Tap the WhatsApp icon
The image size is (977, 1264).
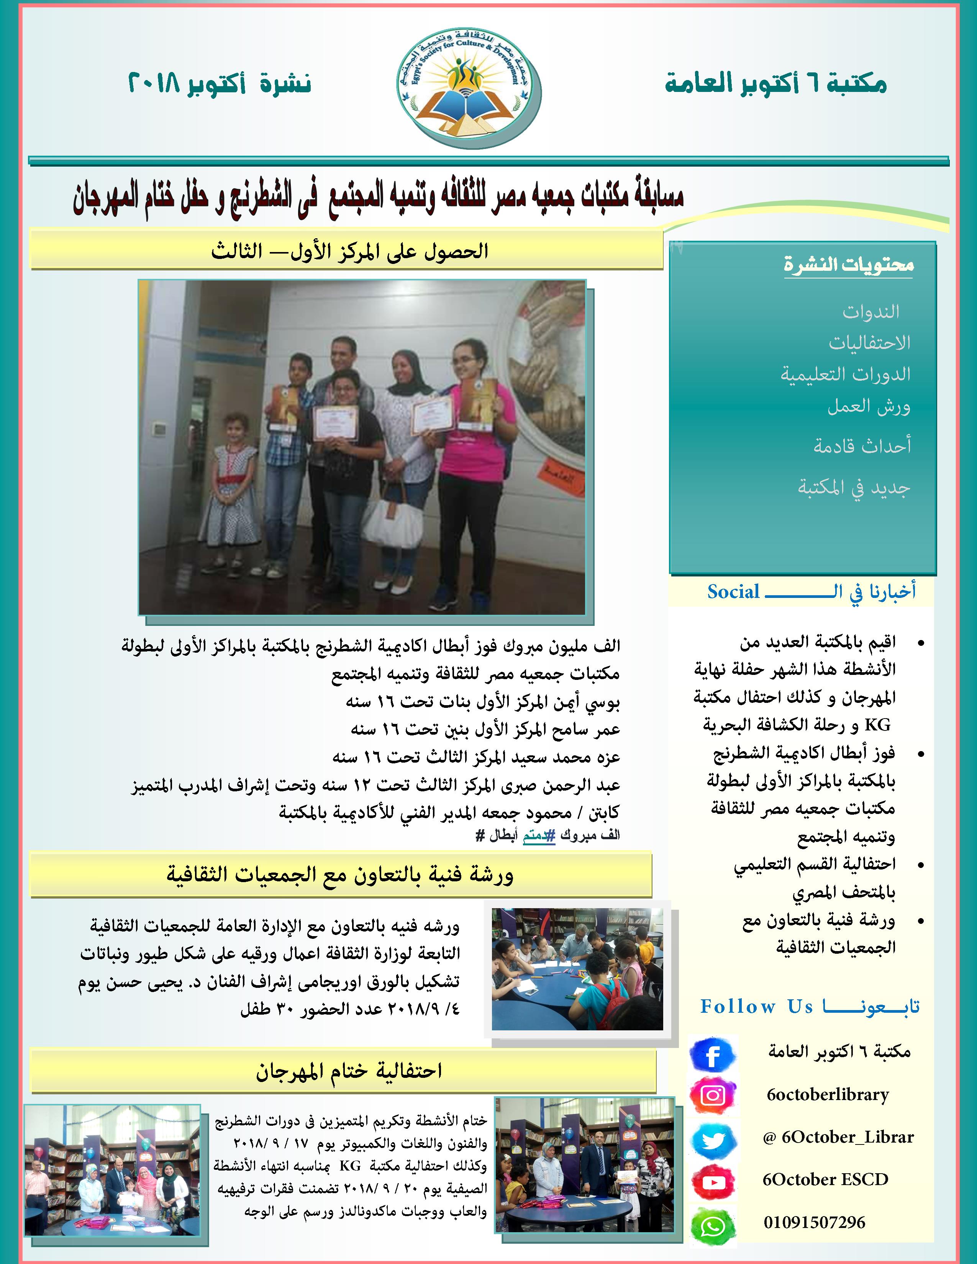tap(713, 1225)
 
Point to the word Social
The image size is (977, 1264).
tap(733, 591)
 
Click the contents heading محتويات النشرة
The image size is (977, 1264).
tap(849, 265)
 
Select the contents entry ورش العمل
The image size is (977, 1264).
tap(868, 406)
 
